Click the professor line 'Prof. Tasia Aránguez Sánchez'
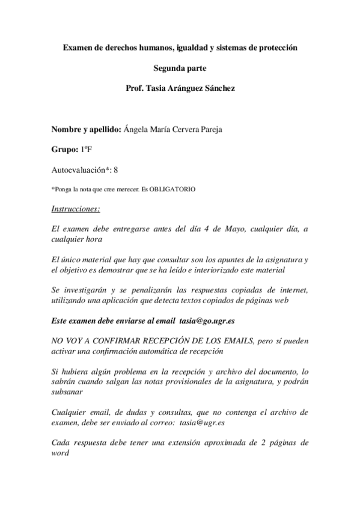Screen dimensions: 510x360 pos(180,88)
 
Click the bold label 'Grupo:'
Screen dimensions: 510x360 pos(64,150)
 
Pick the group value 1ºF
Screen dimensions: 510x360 pos(87,150)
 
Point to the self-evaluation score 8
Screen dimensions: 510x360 pos(107,170)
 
